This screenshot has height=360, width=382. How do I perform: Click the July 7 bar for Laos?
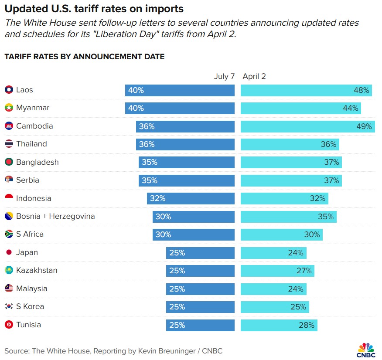coord(180,90)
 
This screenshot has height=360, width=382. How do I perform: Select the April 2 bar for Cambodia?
coord(307,126)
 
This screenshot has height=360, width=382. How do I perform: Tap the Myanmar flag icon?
coord(9,108)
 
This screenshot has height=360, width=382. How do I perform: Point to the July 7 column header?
coord(224,76)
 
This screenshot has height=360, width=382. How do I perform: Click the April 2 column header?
coord(254,76)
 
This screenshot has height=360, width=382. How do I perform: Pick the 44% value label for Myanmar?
coord(351,108)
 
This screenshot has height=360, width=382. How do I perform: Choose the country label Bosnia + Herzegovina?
coord(55,216)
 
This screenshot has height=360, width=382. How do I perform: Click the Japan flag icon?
coord(9,252)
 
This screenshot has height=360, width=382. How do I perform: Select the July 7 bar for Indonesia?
coord(191,198)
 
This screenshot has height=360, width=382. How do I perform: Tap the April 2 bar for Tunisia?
coord(279,325)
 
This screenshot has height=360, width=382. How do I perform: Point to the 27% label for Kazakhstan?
coord(304,271)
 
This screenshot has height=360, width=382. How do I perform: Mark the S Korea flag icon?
coord(9,307)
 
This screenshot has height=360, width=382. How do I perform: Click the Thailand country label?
coord(31,144)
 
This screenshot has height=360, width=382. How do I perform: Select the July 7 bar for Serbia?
coord(187,180)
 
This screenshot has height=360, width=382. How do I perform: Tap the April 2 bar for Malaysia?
coord(273,289)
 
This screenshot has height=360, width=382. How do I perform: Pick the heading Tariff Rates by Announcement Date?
coord(84,57)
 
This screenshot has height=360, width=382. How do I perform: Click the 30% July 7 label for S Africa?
coord(164,234)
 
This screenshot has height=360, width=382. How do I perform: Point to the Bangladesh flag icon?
coord(9,162)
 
